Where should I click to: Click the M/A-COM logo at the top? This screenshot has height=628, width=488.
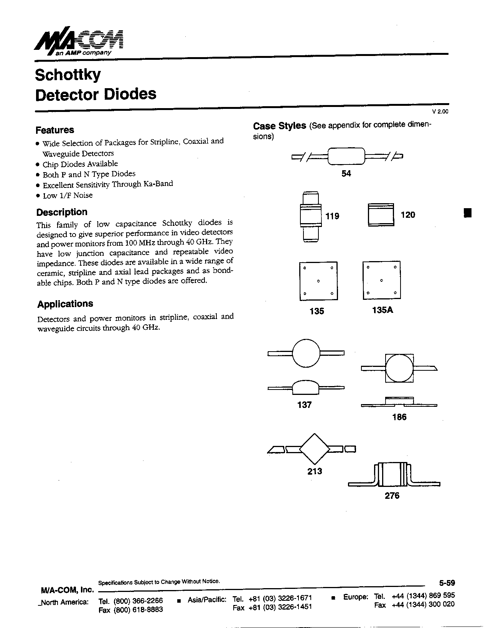point(79,41)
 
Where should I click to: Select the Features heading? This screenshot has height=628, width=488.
point(55,130)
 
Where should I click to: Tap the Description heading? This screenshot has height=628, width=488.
point(62,212)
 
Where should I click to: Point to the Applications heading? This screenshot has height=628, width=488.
point(65,304)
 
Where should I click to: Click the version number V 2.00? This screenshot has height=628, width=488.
point(440,112)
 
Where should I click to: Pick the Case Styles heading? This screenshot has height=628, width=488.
point(279,126)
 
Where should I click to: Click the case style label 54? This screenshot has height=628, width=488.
point(346,174)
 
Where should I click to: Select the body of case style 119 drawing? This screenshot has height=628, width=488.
point(310,217)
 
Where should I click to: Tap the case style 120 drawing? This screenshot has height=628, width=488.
point(381,215)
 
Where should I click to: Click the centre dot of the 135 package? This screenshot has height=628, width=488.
point(318,281)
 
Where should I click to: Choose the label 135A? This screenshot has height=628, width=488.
point(382,310)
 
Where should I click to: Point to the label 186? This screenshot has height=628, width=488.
point(399,417)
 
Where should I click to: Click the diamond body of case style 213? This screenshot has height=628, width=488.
point(315,449)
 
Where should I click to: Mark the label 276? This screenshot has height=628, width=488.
point(392,496)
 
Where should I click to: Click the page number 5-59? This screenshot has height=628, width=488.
point(447,583)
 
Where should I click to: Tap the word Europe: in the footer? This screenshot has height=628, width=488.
point(356,597)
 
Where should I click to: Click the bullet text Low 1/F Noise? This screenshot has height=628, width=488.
point(68,196)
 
